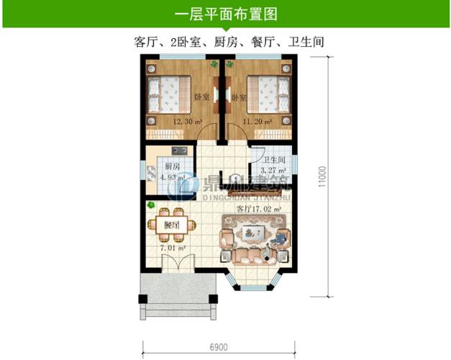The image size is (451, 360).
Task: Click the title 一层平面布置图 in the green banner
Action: tap(226, 14)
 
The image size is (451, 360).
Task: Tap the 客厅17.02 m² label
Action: tap(259, 210)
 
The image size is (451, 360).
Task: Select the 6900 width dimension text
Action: tap(219, 346)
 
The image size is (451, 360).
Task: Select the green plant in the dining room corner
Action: tap(152, 205)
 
